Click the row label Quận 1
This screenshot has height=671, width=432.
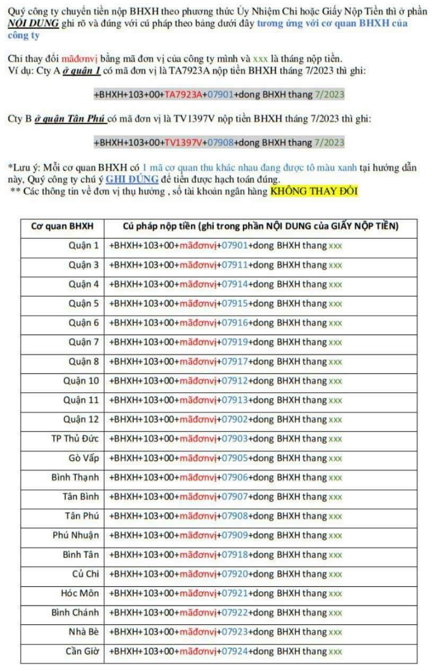tap(83, 246)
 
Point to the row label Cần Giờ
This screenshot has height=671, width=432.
tap(82, 651)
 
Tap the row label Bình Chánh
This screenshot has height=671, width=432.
tap(75, 613)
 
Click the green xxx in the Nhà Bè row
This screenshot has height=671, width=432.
tap(335, 632)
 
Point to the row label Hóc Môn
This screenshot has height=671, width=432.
tap(80, 593)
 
